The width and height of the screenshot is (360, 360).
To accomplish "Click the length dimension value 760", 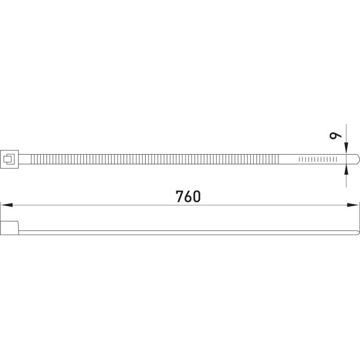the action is pos(188,196).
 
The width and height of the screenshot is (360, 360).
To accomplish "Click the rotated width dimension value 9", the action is pos(335,136).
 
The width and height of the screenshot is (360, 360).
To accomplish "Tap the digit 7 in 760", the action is pos(179,196).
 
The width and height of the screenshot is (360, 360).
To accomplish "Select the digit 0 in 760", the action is pos(197,197).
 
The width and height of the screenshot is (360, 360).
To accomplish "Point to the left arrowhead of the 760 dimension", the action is pos(7,205).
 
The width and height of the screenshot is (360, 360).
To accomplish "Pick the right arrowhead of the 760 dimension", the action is pos(353,205).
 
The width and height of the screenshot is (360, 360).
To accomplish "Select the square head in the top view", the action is pos(10,159).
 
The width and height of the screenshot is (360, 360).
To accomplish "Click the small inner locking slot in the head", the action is pos(9,159).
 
